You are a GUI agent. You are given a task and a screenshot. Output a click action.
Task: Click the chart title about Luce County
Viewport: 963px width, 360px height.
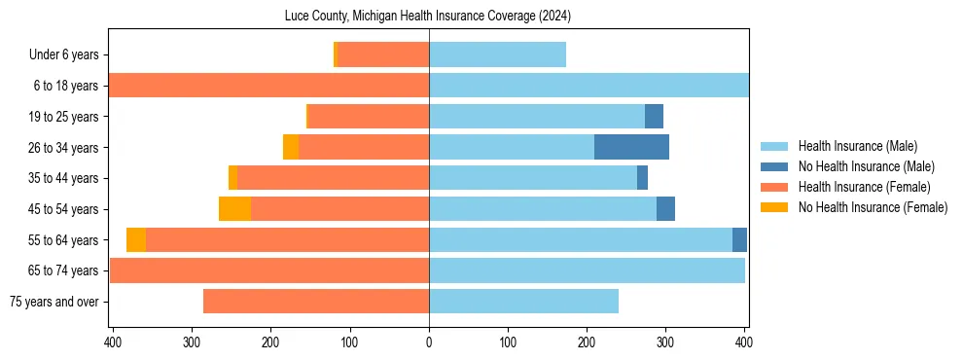point(428,16)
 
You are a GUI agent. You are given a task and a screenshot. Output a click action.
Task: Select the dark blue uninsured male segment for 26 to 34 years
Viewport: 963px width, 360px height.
point(631,147)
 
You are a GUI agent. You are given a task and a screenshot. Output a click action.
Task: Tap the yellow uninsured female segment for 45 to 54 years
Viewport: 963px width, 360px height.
point(234,209)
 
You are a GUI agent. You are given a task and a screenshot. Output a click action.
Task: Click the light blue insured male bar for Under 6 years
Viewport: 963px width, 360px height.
point(497,54)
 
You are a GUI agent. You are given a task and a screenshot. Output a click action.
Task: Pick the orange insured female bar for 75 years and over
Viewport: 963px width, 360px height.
point(315,302)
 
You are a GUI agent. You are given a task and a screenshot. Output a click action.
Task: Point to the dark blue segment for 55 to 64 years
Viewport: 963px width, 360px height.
point(739,239)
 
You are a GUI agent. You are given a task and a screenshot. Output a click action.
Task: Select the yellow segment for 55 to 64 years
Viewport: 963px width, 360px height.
point(136,239)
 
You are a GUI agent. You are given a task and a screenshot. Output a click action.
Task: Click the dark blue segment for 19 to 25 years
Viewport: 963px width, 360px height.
point(654,117)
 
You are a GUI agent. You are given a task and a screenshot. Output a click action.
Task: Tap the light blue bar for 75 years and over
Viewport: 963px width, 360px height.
point(523,302)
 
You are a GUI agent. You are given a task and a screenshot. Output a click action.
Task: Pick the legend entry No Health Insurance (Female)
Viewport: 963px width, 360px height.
point(873,207)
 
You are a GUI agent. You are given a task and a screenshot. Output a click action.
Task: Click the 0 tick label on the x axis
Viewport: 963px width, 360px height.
point(429,342)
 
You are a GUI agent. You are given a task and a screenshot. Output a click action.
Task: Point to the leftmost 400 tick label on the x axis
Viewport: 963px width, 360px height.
point(113,342)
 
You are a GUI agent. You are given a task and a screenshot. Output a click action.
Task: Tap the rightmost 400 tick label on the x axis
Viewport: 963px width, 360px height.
point(744,342)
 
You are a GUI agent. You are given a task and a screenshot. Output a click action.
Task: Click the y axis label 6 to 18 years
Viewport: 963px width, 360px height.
point(65,86)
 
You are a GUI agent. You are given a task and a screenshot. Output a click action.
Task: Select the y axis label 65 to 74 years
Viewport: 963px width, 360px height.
point(62,270)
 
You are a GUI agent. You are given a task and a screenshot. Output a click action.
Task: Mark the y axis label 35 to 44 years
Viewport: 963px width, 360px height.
point(62,178)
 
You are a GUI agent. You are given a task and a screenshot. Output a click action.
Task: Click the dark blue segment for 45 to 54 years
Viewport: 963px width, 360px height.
point(665,209)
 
